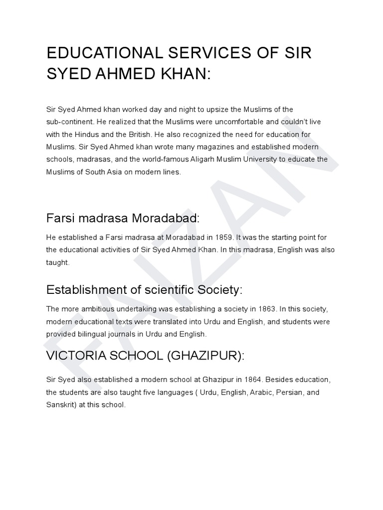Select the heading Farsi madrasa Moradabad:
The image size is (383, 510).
point(123,218)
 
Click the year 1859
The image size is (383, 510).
point(225,238)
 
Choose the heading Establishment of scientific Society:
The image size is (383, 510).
point(144,289)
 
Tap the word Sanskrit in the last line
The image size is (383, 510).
point(60,405)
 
